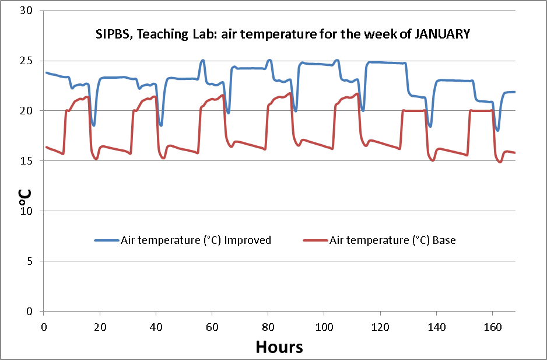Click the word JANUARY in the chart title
click(443, 34)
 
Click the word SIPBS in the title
click(111, 34)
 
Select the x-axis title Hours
click(279, 347)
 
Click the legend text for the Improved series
click(196, 240)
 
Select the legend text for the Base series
click(392, 240)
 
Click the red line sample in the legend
click(315, 240)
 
